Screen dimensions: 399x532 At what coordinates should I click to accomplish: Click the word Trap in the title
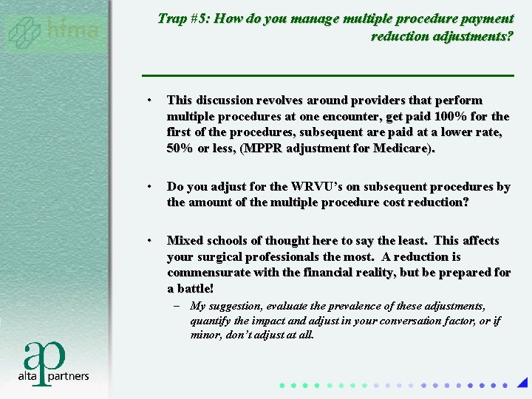(x=171, y=18)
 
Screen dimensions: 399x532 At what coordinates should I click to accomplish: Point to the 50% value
(x=180, y=148)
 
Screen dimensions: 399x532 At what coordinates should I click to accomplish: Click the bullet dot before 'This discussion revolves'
(x=149, y=100)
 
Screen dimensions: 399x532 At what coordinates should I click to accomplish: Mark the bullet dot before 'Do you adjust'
(x=149, y=187)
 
